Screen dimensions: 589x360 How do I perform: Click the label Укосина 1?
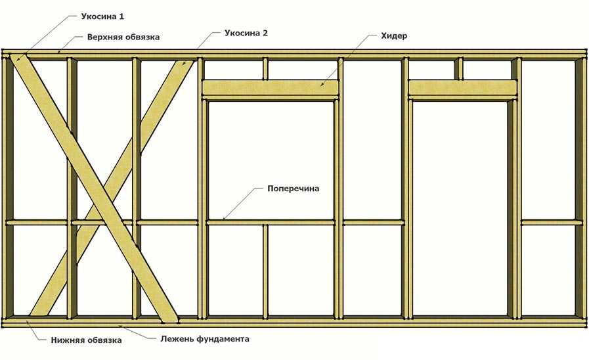pyautogui.click(x=102, y=16)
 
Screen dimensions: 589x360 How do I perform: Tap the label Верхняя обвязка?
pyautogui.click(x=123, y=37)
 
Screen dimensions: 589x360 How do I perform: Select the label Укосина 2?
pyautogui.click(x=246, y=33)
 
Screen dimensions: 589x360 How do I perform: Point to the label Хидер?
pyautogui.click(x=394, y=36)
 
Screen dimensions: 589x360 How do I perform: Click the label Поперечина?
pyautogui.click(x=293, y=189)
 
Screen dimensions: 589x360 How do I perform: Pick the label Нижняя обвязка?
pyautogui.click(x=87, y=340)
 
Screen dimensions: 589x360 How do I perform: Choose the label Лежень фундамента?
pyautogui.click(x=205, y=339)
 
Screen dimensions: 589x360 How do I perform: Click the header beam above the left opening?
pyautogui.click(x=271, y=87)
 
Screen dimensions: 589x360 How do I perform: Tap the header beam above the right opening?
pyautogui.click(x=462, y=87)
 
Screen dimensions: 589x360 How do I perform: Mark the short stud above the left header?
pyautogui.click(x=265, y=68)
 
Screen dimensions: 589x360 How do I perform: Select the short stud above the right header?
pyautogui.click(x=458, y=68)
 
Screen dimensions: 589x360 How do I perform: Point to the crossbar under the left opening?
pyautogui.click(x=271, y=223)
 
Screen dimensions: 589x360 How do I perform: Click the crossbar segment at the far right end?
pyautogui.click(x=549, y=223)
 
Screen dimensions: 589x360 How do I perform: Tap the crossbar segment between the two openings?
pyautogui.click(x=374, y=223)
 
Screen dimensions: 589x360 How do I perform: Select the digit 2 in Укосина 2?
pyautogui.click(x=265, y=33)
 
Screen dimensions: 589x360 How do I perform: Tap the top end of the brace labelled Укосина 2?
pyautogui.click(x=186, y=62)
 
